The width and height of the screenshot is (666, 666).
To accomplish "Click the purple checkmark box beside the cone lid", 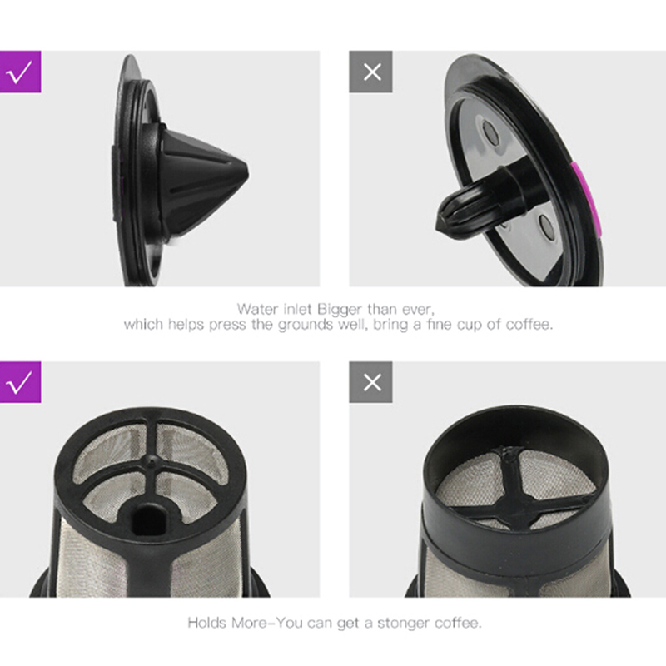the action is (20, 72).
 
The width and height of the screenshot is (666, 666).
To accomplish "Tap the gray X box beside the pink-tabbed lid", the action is (370, 72).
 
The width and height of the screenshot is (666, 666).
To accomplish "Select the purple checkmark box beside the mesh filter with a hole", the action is (20, 382).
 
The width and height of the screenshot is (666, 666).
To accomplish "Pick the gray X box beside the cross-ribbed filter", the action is (370, 382).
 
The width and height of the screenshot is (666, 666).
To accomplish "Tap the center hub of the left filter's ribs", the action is (150, 460).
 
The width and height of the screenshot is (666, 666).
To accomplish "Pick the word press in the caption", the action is (228, 326).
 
